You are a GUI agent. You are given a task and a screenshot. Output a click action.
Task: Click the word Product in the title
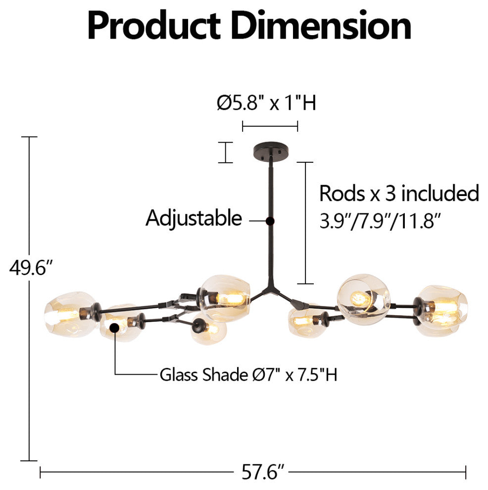(154, 26)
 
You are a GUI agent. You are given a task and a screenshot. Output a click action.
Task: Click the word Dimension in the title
(321, 25)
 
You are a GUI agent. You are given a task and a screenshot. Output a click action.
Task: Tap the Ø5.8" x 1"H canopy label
(266, 102)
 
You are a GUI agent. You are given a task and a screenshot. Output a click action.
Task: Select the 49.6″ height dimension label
(30, 268)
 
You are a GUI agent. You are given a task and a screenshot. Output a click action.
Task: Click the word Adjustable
(194, 218)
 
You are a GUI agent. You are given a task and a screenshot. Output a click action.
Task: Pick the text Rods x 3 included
(399, 193)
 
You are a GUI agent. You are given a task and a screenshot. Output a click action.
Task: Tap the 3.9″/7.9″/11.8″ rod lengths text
(380, 221)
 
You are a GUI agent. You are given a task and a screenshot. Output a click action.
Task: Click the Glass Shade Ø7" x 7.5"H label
(248, 374)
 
